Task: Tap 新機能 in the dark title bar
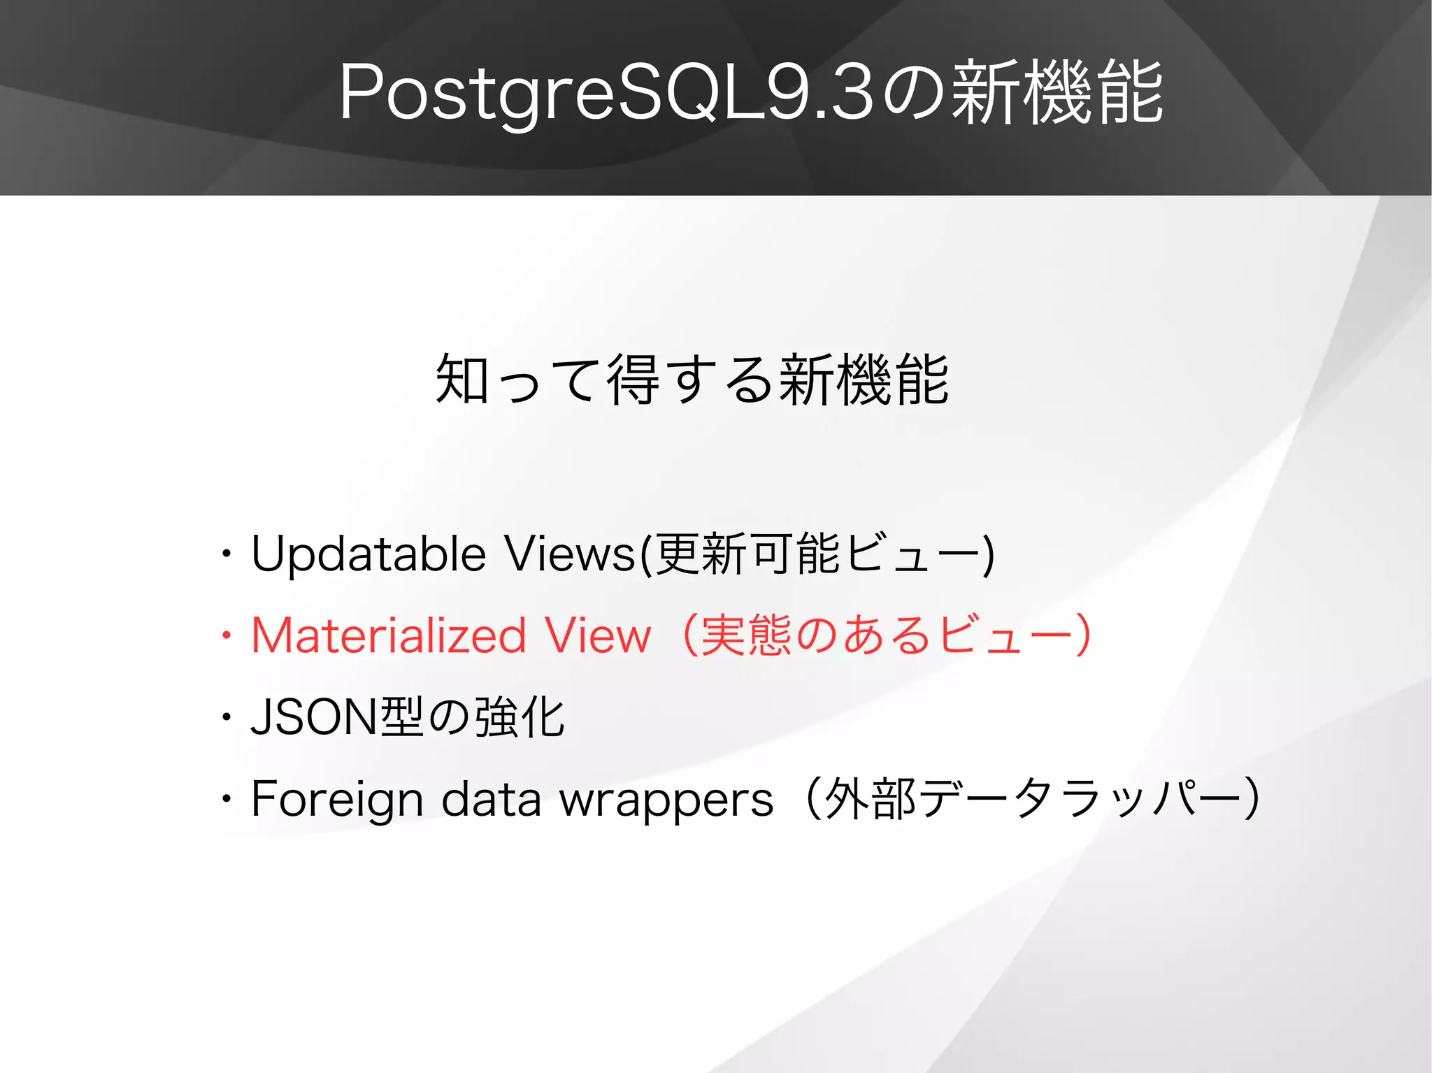[1057, 93]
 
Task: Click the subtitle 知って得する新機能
[692, 380]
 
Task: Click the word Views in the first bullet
[570, 554]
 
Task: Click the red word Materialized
[389, 635]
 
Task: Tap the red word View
[598, 635]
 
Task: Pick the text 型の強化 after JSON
[472, 717]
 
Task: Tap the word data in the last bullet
[491, 799]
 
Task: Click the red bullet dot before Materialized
[225, 635]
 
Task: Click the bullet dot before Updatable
[225, 554]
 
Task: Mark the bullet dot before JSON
[225, 717]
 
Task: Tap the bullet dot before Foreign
[225, 799]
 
